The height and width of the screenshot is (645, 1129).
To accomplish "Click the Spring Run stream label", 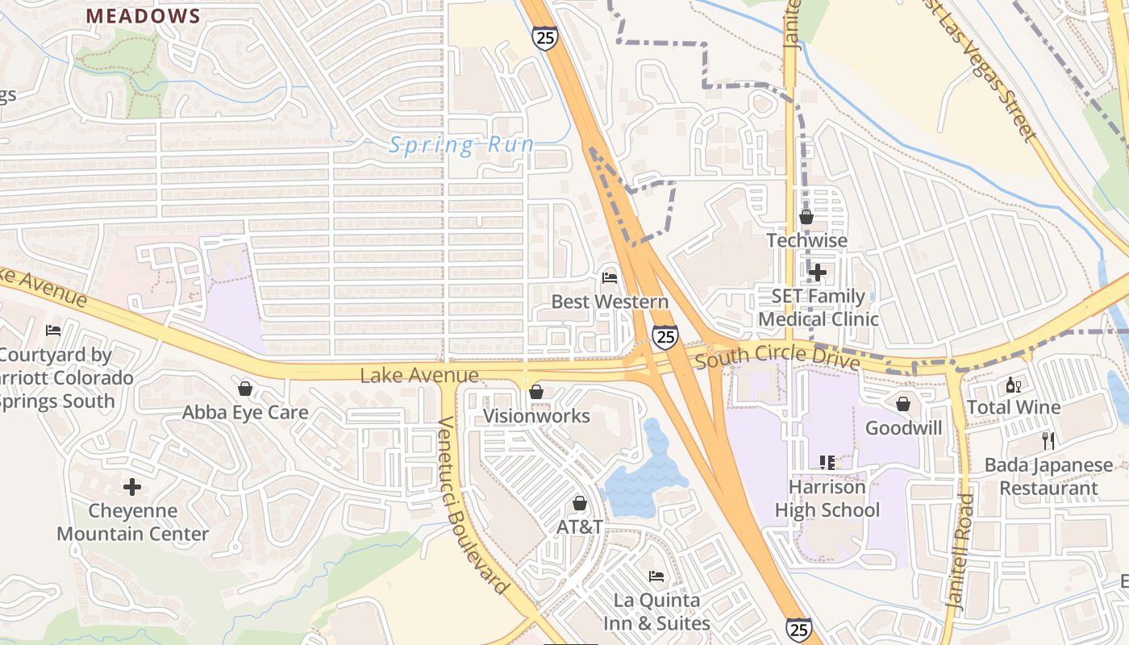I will tap(461, 145).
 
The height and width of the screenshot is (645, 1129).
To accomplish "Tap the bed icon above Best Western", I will tap(610, 278).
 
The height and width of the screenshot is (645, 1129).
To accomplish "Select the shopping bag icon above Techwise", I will tap(806, 217).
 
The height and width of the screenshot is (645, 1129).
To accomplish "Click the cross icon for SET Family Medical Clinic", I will tap(817, 273).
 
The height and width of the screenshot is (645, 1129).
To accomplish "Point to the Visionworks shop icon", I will tap(535, 392).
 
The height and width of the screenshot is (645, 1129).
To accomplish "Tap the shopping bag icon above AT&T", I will tap(579, 504).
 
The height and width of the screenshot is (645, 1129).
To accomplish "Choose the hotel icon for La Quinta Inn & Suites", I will tap(656, 576).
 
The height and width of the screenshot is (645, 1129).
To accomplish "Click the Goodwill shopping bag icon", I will tap(903, 403).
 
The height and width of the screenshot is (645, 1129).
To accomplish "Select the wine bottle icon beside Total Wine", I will tap(1013, 385).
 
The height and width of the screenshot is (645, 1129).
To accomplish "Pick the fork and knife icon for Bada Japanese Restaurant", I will tap(1048, 441).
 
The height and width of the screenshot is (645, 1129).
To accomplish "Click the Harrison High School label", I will tap(827, 498).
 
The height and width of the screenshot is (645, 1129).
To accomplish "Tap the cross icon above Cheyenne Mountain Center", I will tap(132, 487).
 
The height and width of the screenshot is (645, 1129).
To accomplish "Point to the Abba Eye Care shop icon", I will tap(245, 389).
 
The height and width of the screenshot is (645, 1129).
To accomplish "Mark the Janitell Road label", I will tap(960, 550).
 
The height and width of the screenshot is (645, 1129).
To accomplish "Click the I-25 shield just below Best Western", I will tap(665, 336).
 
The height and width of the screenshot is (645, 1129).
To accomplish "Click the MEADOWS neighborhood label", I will tap(143, 16).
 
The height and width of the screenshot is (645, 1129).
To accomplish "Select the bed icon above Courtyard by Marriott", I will tap(53, 330).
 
